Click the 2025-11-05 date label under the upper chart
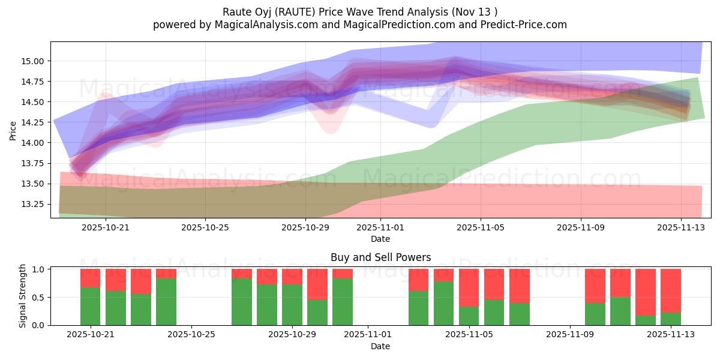pyautogui.click(x=481, y=228)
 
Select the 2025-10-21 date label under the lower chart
pyautogui.click(x=91, y=334)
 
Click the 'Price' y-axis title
pyautogui.click(x=13, y=130)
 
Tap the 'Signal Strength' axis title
pyautogui.click(x=22, y=296)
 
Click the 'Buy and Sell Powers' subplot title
pyautogui.click(x=380, y=257)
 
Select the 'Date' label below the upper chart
pyautogui.click(x=380, y=239)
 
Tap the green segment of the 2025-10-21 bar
pyautogui.click(x=90, y=306)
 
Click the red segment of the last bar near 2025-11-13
pyautogui.click(x=670, y=290)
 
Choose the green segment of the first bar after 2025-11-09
pyautogui.click(x=595, y=314)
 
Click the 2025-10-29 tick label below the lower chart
pyautogui.click(x=292, y=334)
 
